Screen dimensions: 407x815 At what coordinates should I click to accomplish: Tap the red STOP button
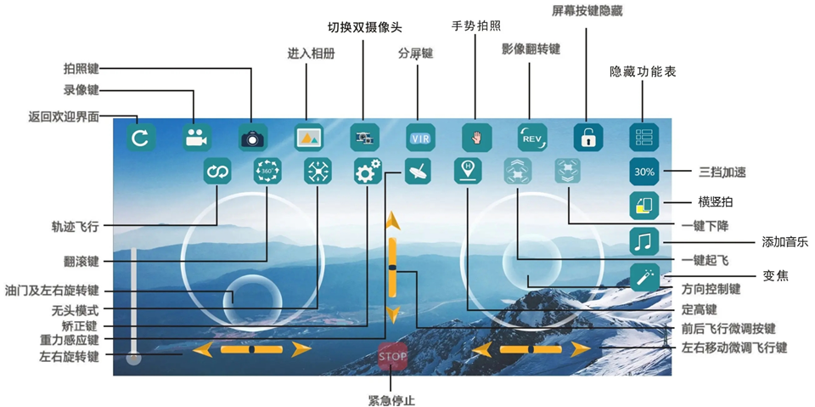click(392, 357)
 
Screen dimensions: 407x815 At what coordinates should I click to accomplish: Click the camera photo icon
click(251, 138)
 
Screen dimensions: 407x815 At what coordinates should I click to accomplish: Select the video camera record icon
click(195, 138)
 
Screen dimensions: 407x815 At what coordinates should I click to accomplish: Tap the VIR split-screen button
click(419, 138)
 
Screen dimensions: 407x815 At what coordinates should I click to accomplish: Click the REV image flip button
click(532, 138)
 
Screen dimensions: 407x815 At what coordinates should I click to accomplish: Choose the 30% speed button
click(644, 172)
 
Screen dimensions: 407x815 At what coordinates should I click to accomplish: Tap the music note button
click(644, 241)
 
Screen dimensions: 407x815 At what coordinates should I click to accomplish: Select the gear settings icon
click(368, 172)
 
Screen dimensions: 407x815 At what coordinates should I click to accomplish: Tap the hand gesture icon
click(476, 138)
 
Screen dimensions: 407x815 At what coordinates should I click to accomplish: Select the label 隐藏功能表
click(644, 72)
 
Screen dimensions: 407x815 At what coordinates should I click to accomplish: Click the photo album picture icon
click(308, 138)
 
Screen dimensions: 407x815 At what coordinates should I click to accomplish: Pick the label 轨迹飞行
click(75, 227)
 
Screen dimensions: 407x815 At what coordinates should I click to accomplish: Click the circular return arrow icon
click(139, 138)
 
